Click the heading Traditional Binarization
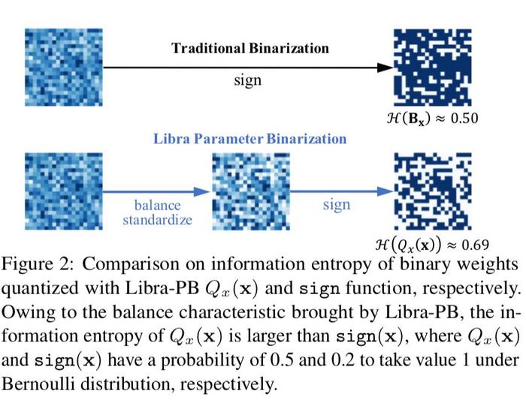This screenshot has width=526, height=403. point(250,48)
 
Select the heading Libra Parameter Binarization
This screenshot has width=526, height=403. point(250,139)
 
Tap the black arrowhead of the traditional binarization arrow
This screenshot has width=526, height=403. point(385,68)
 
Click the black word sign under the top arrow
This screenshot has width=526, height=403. point(247,80)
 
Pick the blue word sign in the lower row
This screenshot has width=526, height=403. point(337,205)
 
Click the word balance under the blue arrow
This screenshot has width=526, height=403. point(157,205)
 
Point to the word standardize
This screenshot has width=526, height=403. point(157,220)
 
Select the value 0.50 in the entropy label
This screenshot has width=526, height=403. point(464,119)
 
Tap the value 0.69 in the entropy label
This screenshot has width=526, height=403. point(475,245)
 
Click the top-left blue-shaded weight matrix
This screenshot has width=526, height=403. point(64,68)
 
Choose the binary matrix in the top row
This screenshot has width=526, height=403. point(432,68)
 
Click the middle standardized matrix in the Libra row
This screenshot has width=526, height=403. point(251,191)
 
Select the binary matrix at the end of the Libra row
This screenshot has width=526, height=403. point(432,191)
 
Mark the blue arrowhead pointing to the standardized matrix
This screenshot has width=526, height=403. point(202,191)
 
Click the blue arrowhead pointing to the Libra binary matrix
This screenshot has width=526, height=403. point(385,191)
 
